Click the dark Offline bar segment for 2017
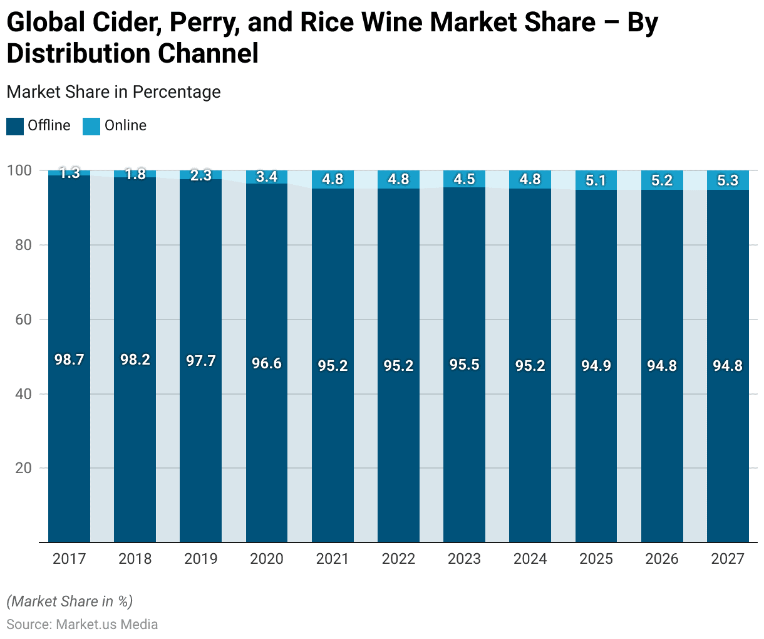point(69,439)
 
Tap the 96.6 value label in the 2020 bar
point(267,363)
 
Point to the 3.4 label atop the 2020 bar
point(267,177)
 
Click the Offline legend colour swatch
point(15,126)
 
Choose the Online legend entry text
point(125,125)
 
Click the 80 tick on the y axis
point(23,245)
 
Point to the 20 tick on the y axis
point(23,468)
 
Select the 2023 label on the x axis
point(464,559)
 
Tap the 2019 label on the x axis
point(200,559)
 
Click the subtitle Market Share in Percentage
point(113,92)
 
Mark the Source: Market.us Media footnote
point(82,625)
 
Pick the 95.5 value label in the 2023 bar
point(464,365)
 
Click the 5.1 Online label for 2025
point(596,180)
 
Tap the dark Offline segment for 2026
point(662,439)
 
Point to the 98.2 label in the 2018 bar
point(135,360)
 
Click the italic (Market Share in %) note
point(70,601)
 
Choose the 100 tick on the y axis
point(19,170)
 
